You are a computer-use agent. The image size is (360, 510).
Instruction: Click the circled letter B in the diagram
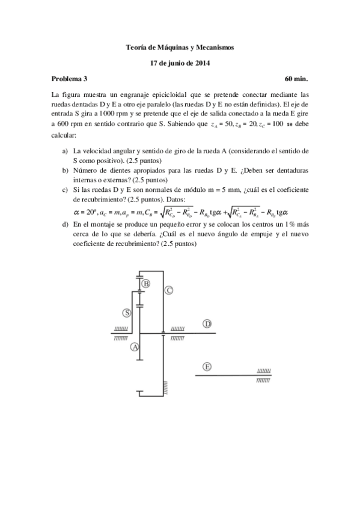145,283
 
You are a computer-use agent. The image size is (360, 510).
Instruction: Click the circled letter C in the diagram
169,290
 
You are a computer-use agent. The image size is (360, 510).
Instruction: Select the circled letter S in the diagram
127,313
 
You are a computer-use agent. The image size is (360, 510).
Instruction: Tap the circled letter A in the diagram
135,347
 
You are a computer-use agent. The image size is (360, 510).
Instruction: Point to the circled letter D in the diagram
207,324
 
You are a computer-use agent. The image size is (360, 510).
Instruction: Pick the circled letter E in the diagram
207,366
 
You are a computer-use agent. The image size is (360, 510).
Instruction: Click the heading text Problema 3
70,79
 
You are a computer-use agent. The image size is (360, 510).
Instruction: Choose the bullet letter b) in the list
65,170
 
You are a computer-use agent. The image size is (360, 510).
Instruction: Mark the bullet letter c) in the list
65,189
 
